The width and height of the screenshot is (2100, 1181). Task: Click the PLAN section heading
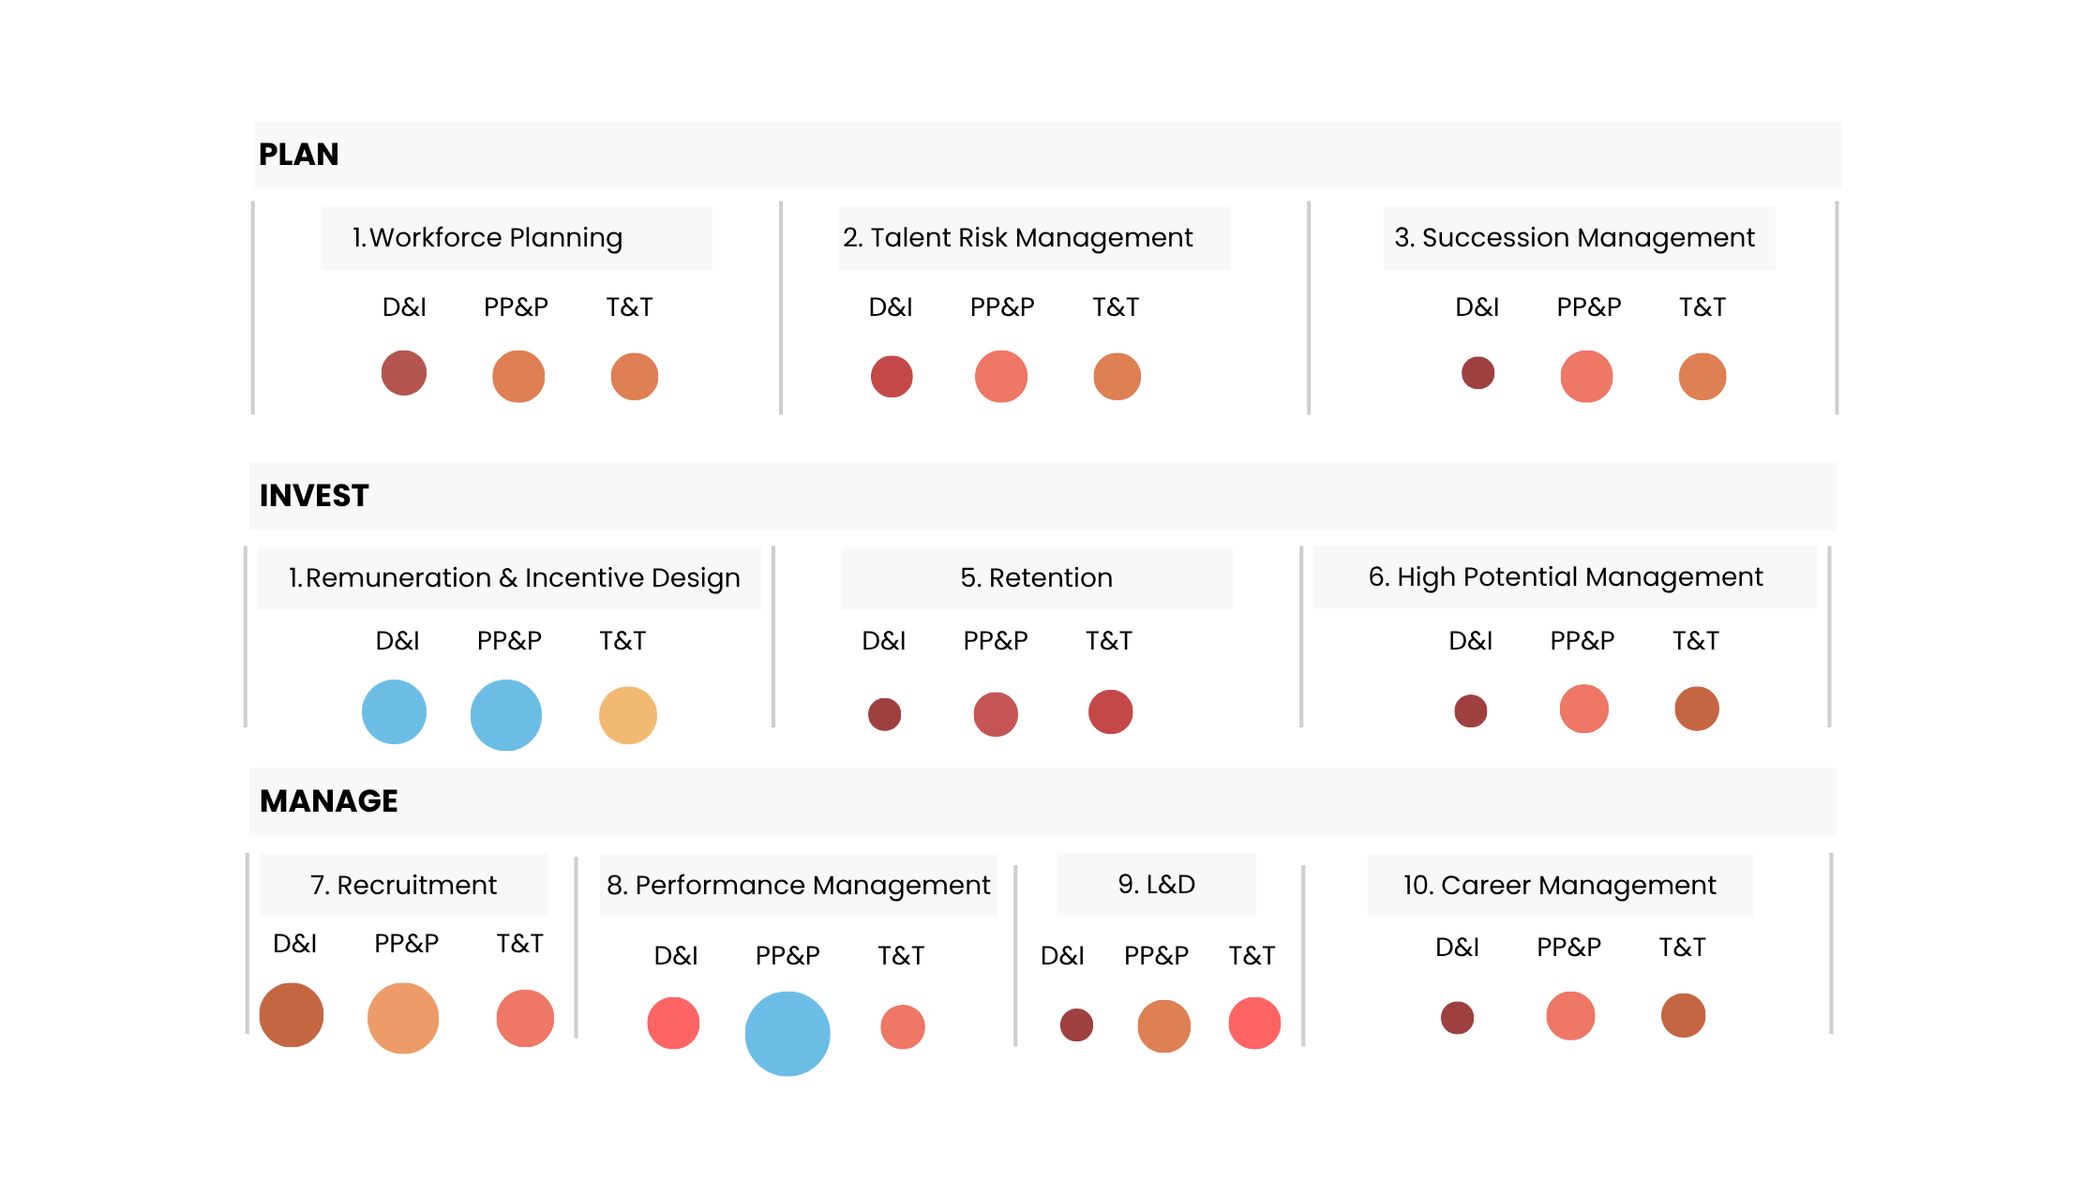point(298,155)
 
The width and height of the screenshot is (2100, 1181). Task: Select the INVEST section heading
point(314,496)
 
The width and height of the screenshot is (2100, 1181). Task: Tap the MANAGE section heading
point(329,801)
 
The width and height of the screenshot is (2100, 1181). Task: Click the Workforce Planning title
point(487,238)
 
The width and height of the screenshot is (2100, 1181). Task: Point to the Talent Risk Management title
point(1017,238)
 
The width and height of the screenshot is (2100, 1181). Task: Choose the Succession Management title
point(1574,238)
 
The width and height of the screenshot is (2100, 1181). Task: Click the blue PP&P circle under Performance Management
point(787,1034)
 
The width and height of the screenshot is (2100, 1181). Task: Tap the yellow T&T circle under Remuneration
point(627,715)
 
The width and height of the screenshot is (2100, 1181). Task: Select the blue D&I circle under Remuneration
point(395,712)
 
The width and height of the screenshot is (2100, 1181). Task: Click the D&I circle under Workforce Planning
point(404,373)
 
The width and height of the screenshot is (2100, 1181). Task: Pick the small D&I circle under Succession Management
point(1477,373)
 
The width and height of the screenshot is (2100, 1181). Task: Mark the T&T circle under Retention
point(1110,712)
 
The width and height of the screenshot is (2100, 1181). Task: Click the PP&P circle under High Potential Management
point(1583,710)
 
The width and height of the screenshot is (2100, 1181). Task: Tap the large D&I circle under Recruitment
point(292,1015)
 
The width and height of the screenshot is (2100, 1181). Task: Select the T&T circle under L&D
point(1254,1024)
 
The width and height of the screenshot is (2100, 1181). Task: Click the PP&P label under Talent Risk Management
point(1001,307)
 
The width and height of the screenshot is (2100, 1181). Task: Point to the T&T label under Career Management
point(1682,948)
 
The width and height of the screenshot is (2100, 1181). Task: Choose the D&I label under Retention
point(883,641)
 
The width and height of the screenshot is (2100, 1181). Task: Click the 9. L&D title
point(1156,885)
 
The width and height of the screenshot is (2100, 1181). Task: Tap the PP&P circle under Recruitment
point(403,1018)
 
